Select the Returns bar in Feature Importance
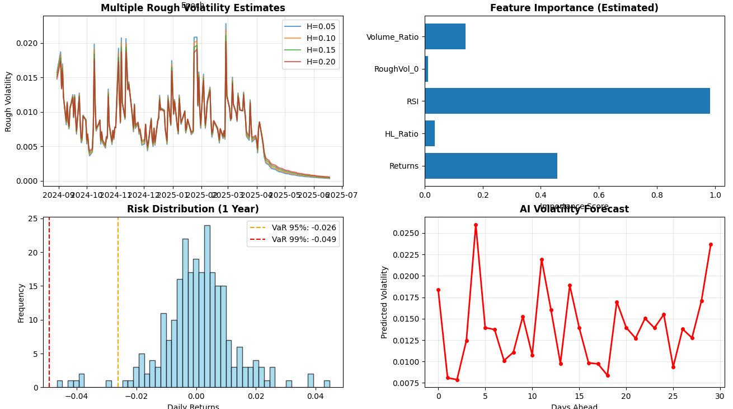tap(491, 166)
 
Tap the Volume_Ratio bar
tap(445, 36)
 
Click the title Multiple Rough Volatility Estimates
tap(193, 8)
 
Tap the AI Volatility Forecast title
tap(574, 209)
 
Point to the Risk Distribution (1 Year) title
tap(193, 209)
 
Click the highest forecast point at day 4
tap(476, 225)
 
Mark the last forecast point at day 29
tap(711, 244)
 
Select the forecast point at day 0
tap(438, 290)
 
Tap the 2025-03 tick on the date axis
tap(227, 194)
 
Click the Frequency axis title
tap(21, 303)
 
